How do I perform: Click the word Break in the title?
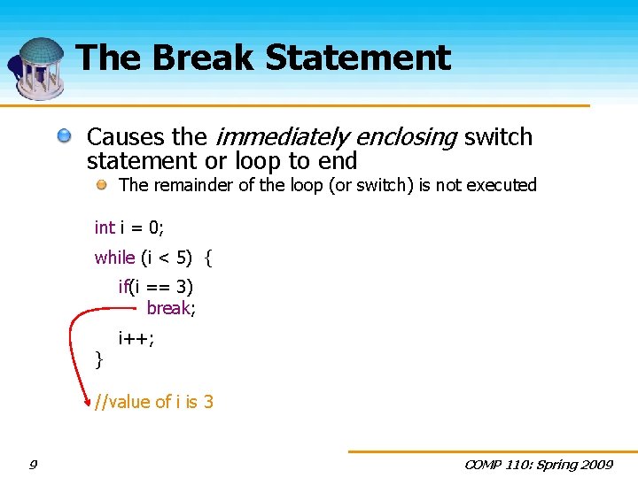point(205,58)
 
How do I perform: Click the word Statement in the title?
point(358,58)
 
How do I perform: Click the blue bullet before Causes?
point(65,136)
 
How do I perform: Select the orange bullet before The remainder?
point(103,184)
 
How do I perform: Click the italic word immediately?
point(281,137)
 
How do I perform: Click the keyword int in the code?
point(105,227)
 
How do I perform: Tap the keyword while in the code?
point(114,258)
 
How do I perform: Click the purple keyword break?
point(168,308)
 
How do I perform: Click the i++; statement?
point(136,336)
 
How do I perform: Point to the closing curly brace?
point(99,358)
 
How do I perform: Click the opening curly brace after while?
point(208,258)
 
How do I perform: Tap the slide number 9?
point(33,465)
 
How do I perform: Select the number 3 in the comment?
point(208,402)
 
